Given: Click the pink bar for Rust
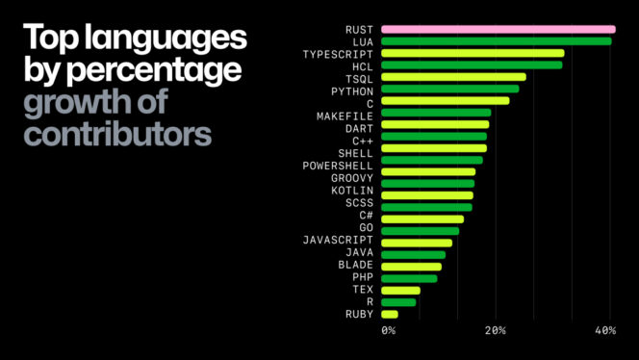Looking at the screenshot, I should [498, 30].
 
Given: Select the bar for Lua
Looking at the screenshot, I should [496, 41].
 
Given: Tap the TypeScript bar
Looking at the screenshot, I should [473, 54].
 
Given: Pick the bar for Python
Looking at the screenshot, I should [449, 90].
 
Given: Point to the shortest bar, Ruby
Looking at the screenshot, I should [390, 314].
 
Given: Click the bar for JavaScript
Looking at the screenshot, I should [416, 243].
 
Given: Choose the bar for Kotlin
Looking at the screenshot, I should [427, 194].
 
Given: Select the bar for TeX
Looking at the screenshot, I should [400, 290].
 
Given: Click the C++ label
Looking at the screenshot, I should [363, 141].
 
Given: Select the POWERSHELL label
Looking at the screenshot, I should [331, 166].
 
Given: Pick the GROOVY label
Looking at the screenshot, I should [345, 178].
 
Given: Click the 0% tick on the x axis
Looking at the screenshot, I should [388, 331].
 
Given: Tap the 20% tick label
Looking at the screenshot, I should [495, 331].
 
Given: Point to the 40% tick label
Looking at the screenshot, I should [605, 331].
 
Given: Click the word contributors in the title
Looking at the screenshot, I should [117, 134].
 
